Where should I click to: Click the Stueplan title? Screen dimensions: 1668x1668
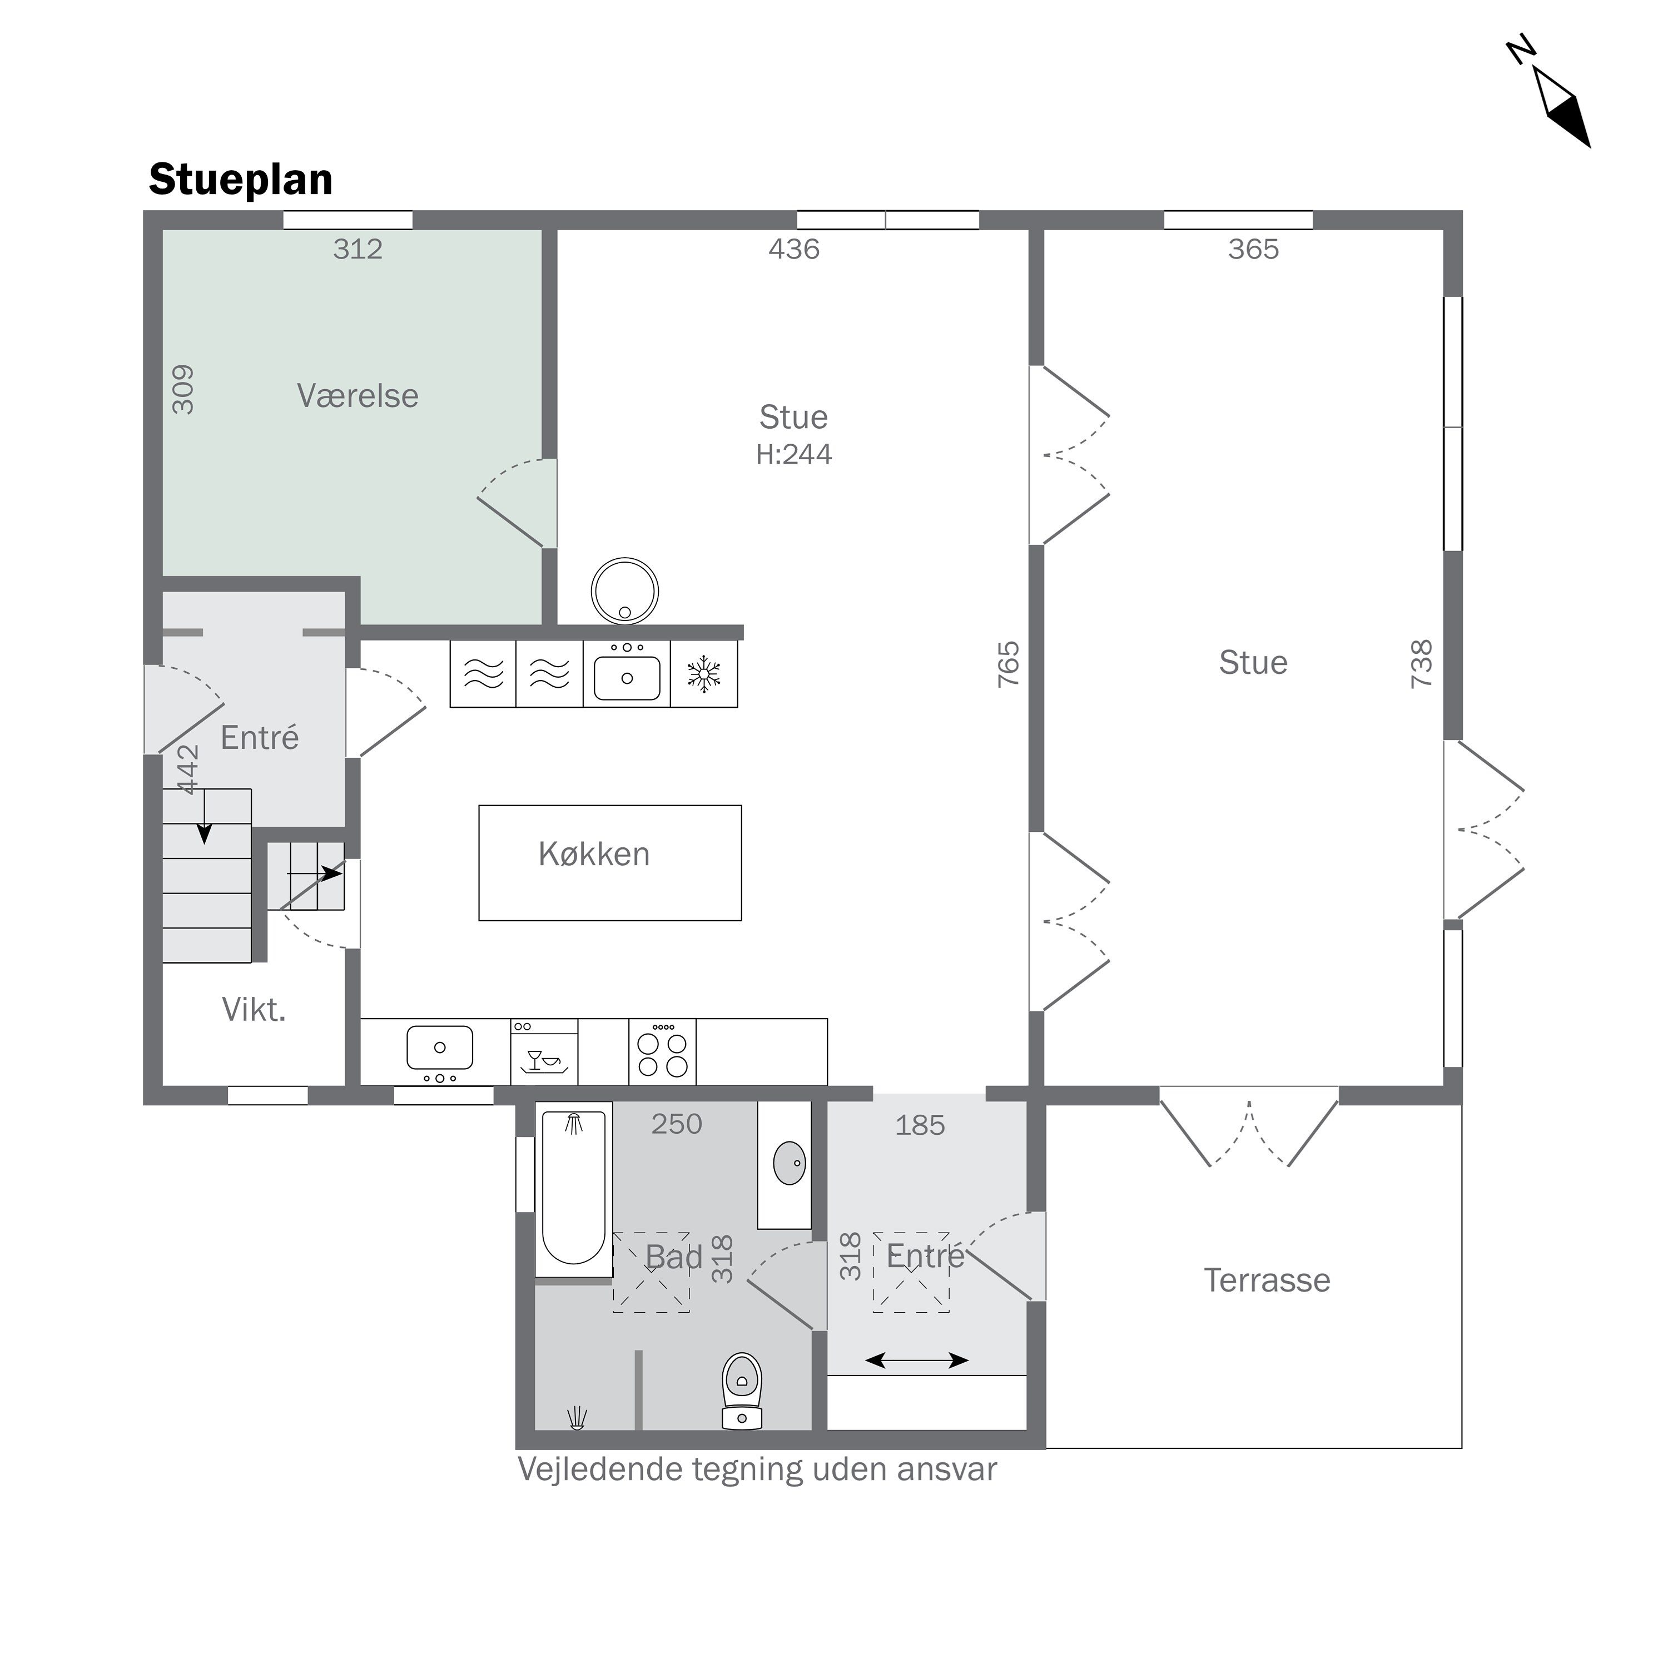point(241,180)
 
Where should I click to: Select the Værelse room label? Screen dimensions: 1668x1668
point(358,395)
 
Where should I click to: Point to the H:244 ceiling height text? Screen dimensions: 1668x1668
point(793,454)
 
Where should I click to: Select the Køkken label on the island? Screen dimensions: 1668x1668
point(594,854)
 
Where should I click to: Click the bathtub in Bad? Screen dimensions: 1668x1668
point(573,1189)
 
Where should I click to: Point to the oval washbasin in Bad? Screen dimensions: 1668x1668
point(789,1162)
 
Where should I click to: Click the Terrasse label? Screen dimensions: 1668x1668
point(1267,1280)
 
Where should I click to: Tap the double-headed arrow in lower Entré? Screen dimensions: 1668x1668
point(916,1361)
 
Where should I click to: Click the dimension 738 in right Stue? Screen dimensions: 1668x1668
point(1421,664)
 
